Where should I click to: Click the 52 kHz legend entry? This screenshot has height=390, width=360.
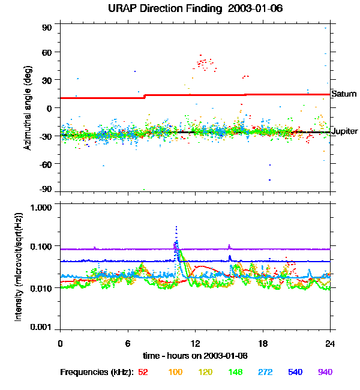tap(143, 373)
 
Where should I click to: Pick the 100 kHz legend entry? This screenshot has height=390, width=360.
tap(175, 373)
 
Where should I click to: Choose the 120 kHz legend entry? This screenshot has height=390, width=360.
tap(206, 373)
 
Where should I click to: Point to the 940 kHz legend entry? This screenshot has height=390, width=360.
tap(325, 373)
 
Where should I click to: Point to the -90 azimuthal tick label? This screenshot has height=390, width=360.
tap(46, 188)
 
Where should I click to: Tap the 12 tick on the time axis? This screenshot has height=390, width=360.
tap(195, 343)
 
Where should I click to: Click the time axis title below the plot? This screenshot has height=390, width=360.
tap(195, 356)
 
